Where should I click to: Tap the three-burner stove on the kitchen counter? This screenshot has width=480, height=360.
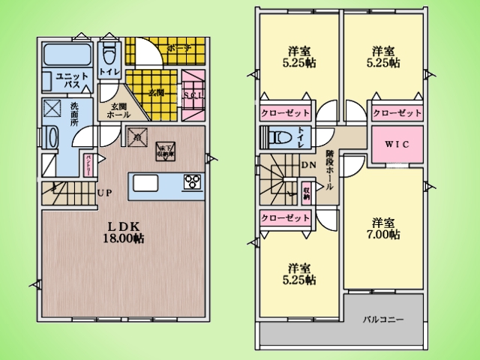[x=192, y=181]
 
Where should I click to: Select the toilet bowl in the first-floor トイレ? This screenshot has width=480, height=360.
[x=109, y=52]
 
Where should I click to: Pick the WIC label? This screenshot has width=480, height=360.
[x=397, y=144]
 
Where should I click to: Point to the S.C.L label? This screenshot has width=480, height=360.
[x=192, y=94]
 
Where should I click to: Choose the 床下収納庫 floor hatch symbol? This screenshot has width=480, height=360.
[x=164, y=151]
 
